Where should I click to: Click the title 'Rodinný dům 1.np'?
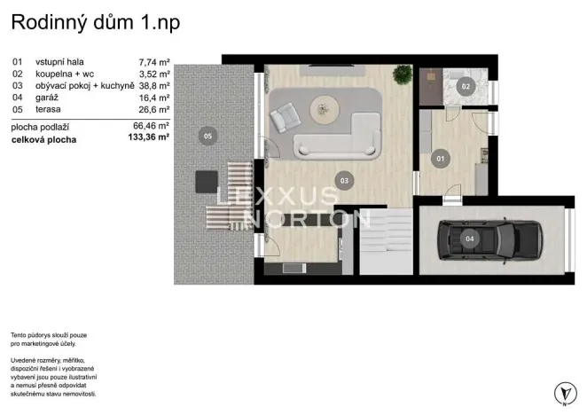point(96,23)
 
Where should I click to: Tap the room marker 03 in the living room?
point(345,180)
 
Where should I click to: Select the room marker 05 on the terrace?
point(207,137)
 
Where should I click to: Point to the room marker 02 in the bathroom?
point(466,86)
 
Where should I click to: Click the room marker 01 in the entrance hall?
point(438,159)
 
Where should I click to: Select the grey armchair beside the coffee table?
point(287,117)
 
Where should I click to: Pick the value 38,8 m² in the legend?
point(155,86)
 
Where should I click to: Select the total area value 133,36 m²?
point(148,139)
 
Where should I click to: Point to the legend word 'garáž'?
point(46,98)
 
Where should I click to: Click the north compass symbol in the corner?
point(561,392)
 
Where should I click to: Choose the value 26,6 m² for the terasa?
point(155,110)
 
